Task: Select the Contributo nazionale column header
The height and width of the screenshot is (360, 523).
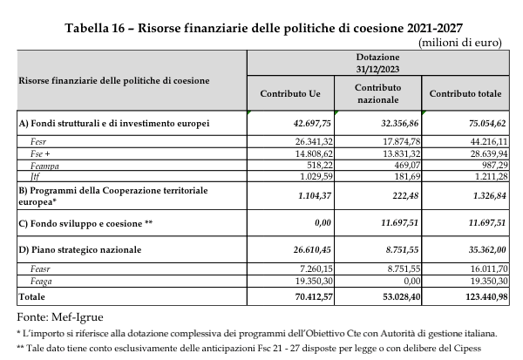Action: (x=377, y=92)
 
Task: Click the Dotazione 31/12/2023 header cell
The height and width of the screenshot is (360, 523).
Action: (x=377, y=62)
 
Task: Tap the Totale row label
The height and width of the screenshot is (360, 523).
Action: (x=34, y=296)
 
